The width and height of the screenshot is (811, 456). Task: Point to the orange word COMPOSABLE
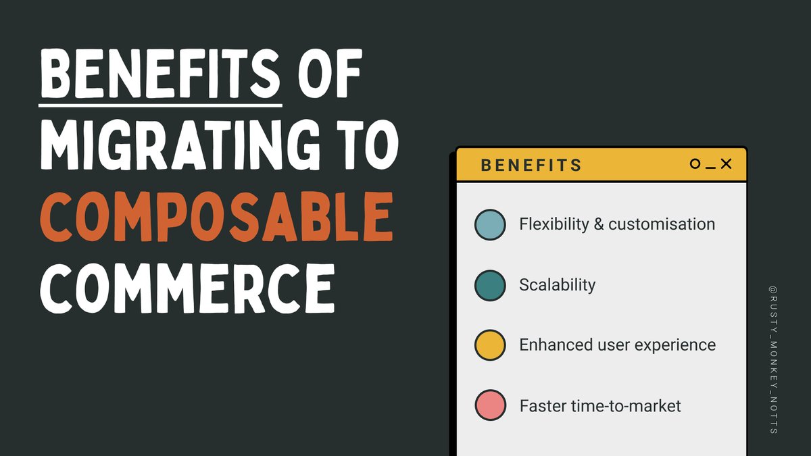pyautogui.click(x=216, y=217)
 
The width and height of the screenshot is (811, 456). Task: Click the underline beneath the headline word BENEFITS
pyautogui.click(x=160, y=105)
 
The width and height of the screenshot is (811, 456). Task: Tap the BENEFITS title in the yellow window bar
pyautogui.click(x=531, y=165)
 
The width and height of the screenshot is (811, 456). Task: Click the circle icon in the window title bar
pyautogui.click(x=695, y=164)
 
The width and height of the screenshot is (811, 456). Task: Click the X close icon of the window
pyautogui.click(x=727, y=164)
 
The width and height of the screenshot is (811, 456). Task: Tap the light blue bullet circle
pyautogui.click(x=490, y=225)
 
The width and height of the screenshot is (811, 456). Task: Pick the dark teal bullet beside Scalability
pyautogui.click(x=490, y=285)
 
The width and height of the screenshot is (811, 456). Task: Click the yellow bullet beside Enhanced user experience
pyautogui.click(x=490, y=345)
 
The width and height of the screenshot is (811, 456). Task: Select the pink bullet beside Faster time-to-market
pyautogui.click(x=490, y=405)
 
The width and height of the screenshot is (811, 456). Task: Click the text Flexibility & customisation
pyautogui.click(x=617, y=224)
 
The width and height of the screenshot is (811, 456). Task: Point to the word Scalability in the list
pyautogui.click(x=558, y=285)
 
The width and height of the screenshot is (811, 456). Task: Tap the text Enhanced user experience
pyautogui.click(x=617, y=345)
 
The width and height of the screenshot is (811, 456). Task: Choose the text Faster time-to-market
pyautogui.click(x=600, y=406)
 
